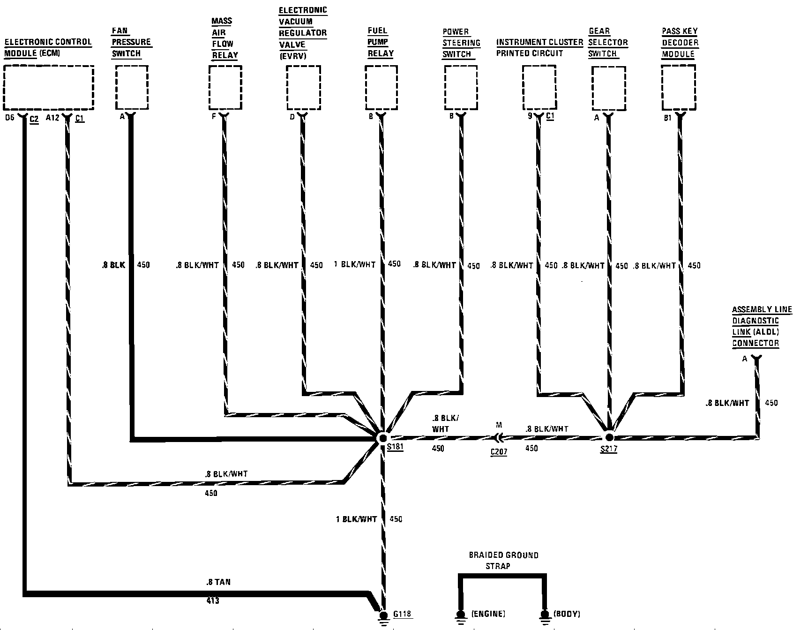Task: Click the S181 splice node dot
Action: click(x=382, y=438)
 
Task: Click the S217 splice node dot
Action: click(x=609, y=437)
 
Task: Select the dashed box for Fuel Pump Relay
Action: click(x=381, y=88)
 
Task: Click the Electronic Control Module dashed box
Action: click(x=49, y=88)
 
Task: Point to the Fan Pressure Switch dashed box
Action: click(x=132, y=88)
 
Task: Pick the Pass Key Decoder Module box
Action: click(x=678, y=88)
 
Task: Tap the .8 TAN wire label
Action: click(x=218, y=582)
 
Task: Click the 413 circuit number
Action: click(x=212, y=600)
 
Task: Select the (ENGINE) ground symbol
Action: click(x=461, y=615)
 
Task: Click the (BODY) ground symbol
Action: click(x=545, y=615)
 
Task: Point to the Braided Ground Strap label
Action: click(x=504, y=561)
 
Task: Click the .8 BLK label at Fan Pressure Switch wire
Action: click(x=113, y=265)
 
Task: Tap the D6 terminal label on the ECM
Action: click(x=10, y=118)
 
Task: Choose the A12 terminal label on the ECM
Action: click(x=52, y=118)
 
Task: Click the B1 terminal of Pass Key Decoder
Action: click(x=667, y=118)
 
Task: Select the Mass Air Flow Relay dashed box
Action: click(x=225, y=88)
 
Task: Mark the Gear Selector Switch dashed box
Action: click(x=608, y=88)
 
